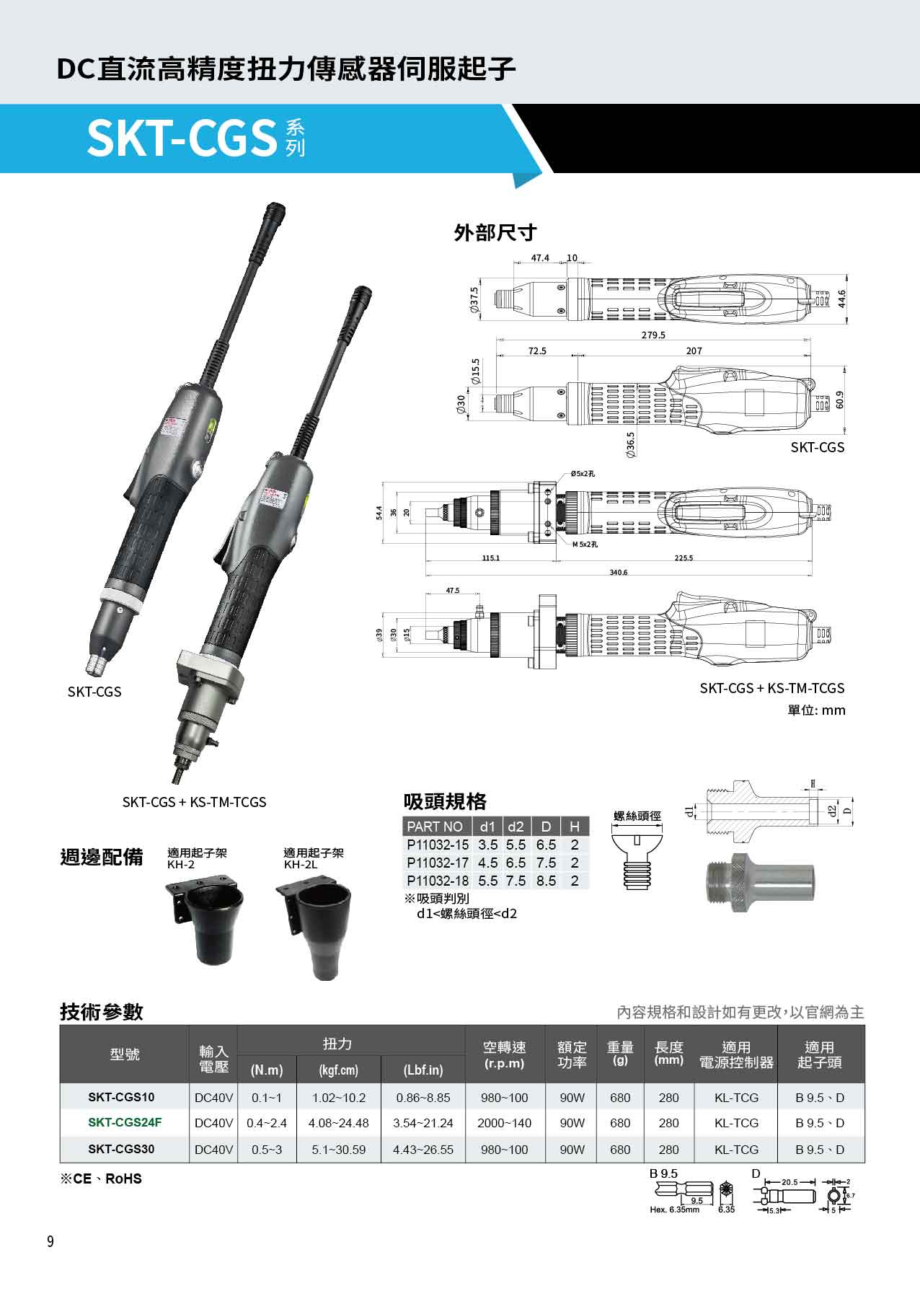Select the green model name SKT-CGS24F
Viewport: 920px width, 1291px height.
(x=125, y=1123)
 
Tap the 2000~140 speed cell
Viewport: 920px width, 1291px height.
(x=504, y=1123)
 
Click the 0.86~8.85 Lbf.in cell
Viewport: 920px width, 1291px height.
(x=423, y=1098)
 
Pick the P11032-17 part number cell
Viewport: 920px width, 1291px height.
(x=437, y=863)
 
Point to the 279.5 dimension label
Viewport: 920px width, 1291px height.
(x=653, y=335)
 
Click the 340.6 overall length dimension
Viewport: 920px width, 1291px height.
(x=619, y=573)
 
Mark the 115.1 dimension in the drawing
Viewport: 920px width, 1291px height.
(x=491, y=558)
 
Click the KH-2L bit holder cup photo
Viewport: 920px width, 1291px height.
(x=318, y=930)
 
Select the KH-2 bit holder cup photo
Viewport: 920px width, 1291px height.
(x=205, y=923)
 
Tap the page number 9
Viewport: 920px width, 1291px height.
(x=50, y=1241)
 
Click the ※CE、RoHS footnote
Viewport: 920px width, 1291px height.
(x=101, y=1179)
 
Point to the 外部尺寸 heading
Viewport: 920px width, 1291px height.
(x=495, y=233)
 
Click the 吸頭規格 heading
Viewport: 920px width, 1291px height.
(x=445, y=801)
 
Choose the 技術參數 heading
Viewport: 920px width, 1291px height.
(x=101, y=1012)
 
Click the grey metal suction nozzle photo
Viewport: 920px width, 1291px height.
(x=758, y=882)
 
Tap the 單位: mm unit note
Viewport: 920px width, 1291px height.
(x=815, y=710)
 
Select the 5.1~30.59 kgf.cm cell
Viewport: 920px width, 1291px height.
(x=338, y=1150)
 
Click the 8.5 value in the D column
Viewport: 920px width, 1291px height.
(x=546, y=881)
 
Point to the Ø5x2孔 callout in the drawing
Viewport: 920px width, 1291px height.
(x=583, y=474)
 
